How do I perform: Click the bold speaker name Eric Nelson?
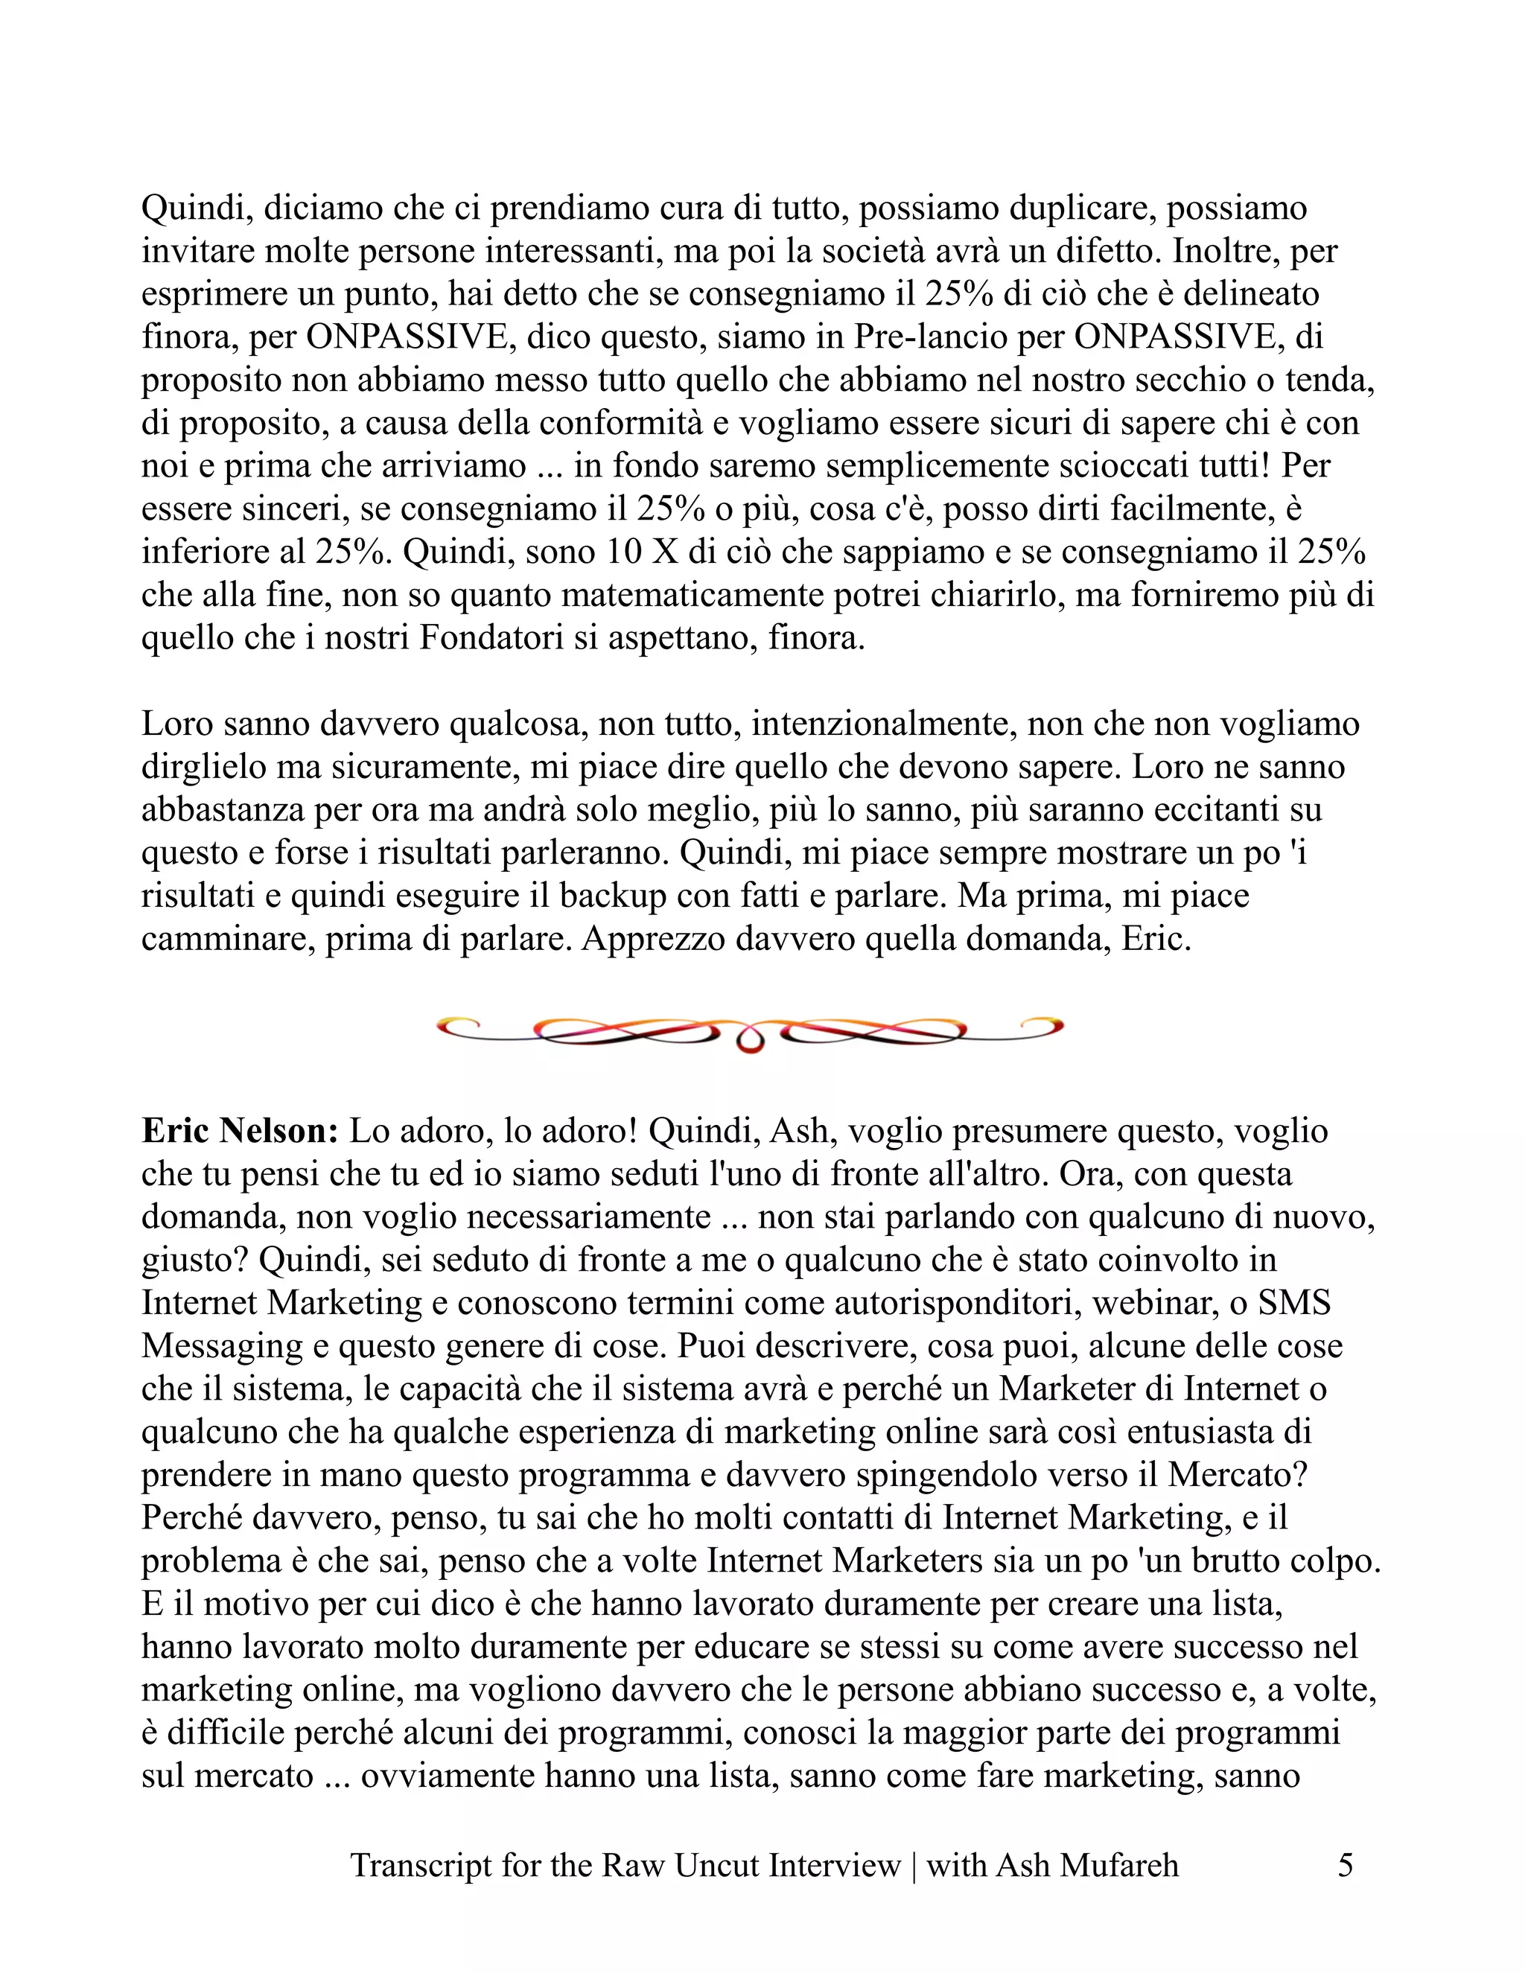[240, 1131]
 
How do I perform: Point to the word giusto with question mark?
[195, 1261]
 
